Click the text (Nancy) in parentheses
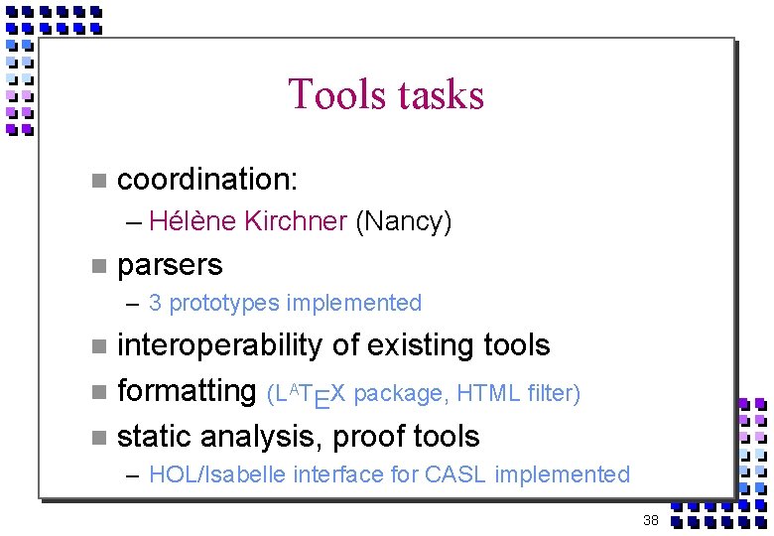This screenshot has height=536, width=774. click(x=404, y=221)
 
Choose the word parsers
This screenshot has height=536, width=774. click(x=170, y=265)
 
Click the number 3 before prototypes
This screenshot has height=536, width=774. click(x=155, y=303)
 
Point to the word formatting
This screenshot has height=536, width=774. click(x=187, y=391)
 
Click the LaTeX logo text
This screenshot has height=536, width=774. click(x=309, y=394)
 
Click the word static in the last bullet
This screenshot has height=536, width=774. click(x=155, y=437)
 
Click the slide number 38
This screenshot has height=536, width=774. click(x=651, y=520)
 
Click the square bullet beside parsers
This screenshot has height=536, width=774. click(x=97, y=266)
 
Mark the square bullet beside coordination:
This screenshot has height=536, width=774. click(x=97, y=181)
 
